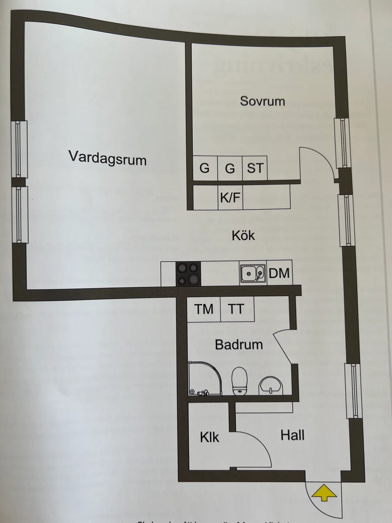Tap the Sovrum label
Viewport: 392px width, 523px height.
[262, 101]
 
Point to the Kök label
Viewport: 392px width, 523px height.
[243, 235]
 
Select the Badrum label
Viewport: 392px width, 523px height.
[239, 345]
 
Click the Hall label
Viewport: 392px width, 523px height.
[292, 435]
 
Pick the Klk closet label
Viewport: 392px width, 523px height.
[209, 437]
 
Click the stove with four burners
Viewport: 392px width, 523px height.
[188, 273]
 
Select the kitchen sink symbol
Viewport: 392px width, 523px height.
[253, 273]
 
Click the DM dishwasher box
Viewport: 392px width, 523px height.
[279, 273]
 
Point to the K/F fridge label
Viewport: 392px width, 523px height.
[230, 197]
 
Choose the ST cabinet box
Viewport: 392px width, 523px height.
[255, 168]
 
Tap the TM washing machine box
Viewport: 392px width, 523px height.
[204, 309]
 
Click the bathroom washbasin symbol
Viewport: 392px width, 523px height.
[271, 385]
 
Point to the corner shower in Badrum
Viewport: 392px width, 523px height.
[204, 379]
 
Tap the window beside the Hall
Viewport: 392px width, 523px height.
[353, 391]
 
